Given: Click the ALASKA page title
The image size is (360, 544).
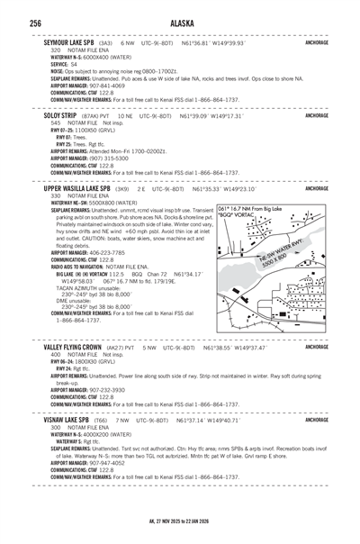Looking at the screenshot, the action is tap(180, 23).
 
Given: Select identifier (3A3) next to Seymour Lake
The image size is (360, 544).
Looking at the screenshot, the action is tap(105, 42).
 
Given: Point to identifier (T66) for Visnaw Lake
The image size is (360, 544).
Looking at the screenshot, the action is tap(102, 421).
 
